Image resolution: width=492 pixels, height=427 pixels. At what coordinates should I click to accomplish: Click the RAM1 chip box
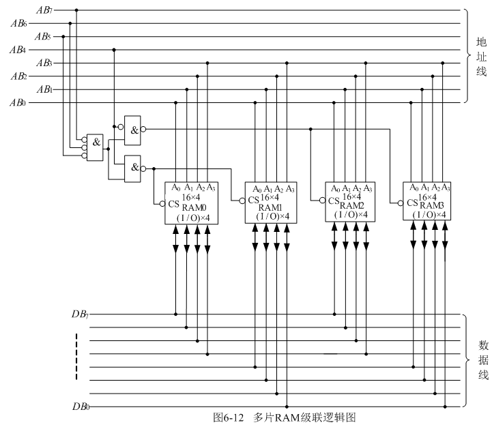(270, 203)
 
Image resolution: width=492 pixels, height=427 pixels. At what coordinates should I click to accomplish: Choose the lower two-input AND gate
(133, 167)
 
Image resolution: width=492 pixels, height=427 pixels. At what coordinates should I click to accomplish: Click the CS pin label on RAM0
(175, 203)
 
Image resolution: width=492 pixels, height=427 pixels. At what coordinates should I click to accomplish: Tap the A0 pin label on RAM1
(257, 189)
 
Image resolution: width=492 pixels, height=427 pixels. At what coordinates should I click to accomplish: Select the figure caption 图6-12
(226, 417)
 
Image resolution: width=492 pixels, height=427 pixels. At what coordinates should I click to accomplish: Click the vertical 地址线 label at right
(480, 57)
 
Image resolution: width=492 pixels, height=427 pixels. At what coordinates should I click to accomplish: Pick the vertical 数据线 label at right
(480, 361)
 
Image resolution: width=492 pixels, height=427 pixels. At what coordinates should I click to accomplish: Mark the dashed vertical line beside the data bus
(76, 356)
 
